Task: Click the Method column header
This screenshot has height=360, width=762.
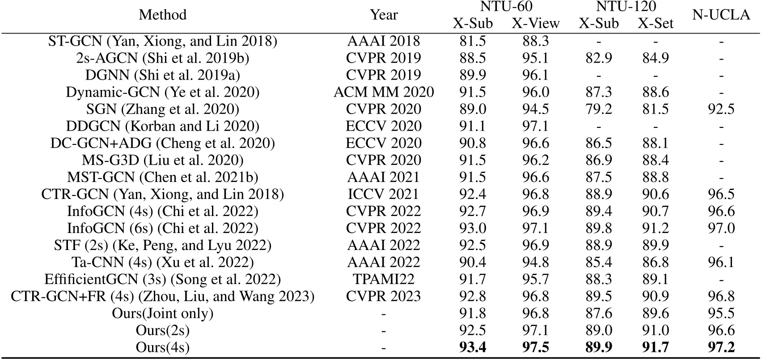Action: [x=162, y=15]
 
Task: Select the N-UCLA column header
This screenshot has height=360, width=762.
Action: [x=721, y=15]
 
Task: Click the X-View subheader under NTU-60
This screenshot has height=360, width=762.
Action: [x=535, y=23]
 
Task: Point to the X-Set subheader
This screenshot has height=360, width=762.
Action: [x=655, y=23]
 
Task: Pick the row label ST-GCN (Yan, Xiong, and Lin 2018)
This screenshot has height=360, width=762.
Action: [x=162, y=41]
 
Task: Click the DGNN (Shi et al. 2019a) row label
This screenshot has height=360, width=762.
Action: [x=162, y=75]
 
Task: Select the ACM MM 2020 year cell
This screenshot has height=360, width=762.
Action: [x=384, y=92]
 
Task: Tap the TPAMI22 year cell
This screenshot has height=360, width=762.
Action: [x=384, y=279]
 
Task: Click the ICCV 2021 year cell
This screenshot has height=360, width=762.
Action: [x=384, y=194]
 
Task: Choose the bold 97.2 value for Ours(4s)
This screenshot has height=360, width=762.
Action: [x=721, y=347]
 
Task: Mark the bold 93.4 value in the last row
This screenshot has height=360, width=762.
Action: [x=473, y=347]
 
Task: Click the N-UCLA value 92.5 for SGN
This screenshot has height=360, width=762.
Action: [x=721, y=109]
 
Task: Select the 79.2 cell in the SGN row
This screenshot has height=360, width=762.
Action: [x=598, y=109]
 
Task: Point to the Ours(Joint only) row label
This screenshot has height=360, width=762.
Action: [x=162, y=313]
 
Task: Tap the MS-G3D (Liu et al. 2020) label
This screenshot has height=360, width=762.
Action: [x=162, y=160]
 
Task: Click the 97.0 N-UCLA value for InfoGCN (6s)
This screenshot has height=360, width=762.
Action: [x=721, y=228]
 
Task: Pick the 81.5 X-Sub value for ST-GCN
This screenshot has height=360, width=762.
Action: [x=473, y=41]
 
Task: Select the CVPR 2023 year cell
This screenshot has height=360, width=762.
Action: [x=384, y=296]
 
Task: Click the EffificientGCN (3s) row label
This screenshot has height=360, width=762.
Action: [x=162, y=279]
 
